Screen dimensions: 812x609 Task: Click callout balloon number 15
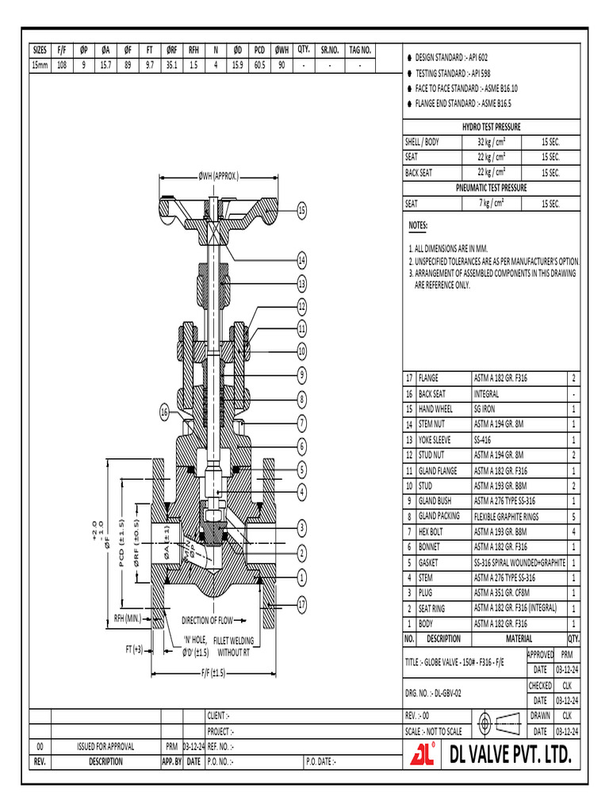301,210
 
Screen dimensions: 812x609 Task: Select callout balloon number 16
165,412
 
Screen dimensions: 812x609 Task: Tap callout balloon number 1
301,576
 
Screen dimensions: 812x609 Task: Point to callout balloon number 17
301,604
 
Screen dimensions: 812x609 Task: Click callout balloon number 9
301,373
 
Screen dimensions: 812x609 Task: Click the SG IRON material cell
485,409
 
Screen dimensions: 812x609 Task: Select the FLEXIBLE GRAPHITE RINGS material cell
506,516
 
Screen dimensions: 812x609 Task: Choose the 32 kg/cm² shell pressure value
492,142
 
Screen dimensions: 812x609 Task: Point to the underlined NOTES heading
417,226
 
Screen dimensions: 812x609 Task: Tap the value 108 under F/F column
61,65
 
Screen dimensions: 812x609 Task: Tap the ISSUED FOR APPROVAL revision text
105,746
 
